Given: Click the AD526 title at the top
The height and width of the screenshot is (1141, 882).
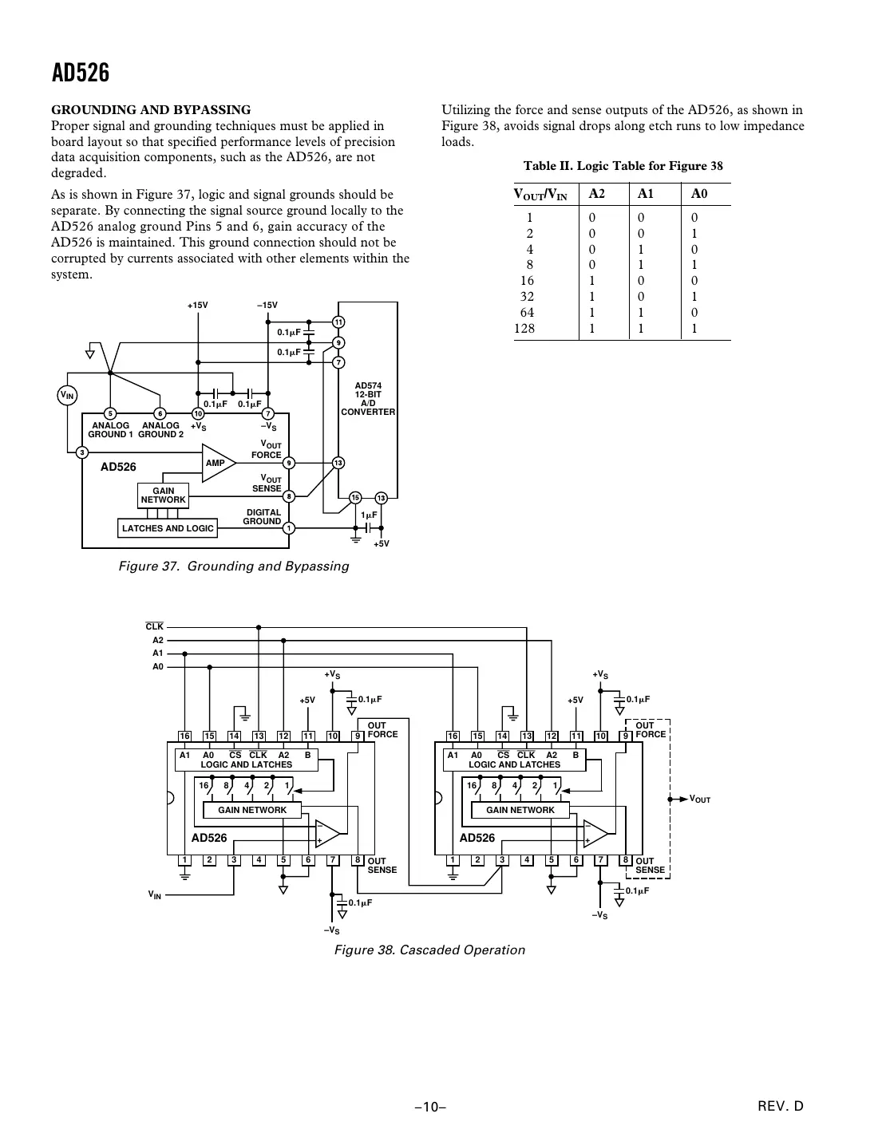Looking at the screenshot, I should (x=81, y=74).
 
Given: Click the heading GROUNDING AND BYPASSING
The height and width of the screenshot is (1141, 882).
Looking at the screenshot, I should (x=151, y=110).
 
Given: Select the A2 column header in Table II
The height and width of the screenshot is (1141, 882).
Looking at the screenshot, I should (x=596, y=193).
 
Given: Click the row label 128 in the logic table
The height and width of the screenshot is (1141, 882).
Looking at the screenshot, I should (x=524, y=328).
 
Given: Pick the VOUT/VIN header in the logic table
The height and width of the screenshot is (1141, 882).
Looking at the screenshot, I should (x=540, y=194).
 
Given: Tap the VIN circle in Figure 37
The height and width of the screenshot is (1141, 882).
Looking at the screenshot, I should (x=68, y=395).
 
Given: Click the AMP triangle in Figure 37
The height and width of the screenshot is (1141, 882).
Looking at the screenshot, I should (x=217, y=463).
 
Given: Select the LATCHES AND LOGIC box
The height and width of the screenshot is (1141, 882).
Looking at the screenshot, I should (x=168, y=528).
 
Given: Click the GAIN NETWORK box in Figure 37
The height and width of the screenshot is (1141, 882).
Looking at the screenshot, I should (x=163, y=495).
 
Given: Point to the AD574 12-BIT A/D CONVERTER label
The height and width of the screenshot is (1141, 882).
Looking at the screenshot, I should (x=368, y=399).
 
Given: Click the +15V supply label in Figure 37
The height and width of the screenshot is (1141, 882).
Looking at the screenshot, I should (x=197, y=306).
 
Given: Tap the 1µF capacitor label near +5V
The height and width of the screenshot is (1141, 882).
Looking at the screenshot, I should (x=369, y=515).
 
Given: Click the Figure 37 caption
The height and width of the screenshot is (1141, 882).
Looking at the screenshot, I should (x=234, y=567).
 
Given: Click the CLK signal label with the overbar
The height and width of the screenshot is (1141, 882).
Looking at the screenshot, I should (x=154, y=627).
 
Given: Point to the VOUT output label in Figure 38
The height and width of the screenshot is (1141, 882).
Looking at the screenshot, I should (x=699, y=799).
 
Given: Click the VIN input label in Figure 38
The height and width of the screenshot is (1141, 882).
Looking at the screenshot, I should (x=154, y=895).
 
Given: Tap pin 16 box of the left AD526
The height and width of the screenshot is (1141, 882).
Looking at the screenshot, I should (x=184, y=736).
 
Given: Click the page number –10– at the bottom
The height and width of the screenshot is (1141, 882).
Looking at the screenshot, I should (x=429, y=1107).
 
